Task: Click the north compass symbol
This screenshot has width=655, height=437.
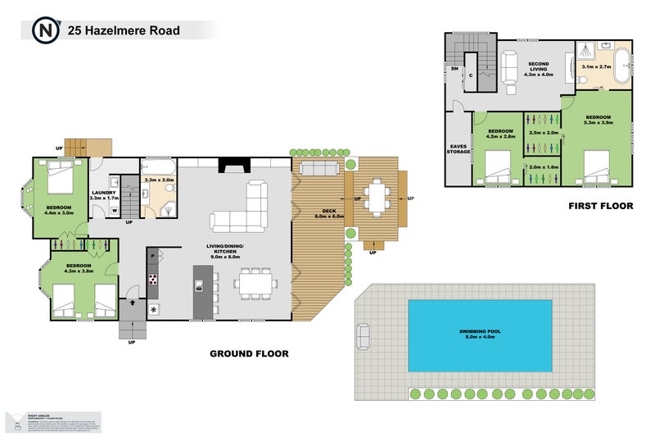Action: pyautogui.click(x=44, y=31)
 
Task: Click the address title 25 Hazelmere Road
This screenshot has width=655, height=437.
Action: pyautogui.click(x=125, y=31)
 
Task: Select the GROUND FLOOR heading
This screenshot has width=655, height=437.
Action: pyautogui.click(x=250, y=354)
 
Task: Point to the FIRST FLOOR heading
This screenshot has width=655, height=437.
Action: pyautogui.click(x=601, y=206)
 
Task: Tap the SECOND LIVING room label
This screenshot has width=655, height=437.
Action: pyautogui.click(x=538, y=70)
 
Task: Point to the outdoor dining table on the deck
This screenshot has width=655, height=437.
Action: pyautogui.click(x=377, y=197)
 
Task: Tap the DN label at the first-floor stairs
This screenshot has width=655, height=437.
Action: pyautogui.click(x=455, y=69)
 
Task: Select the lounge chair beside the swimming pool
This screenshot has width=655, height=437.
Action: pyautogui.click(x=362, y=336)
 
